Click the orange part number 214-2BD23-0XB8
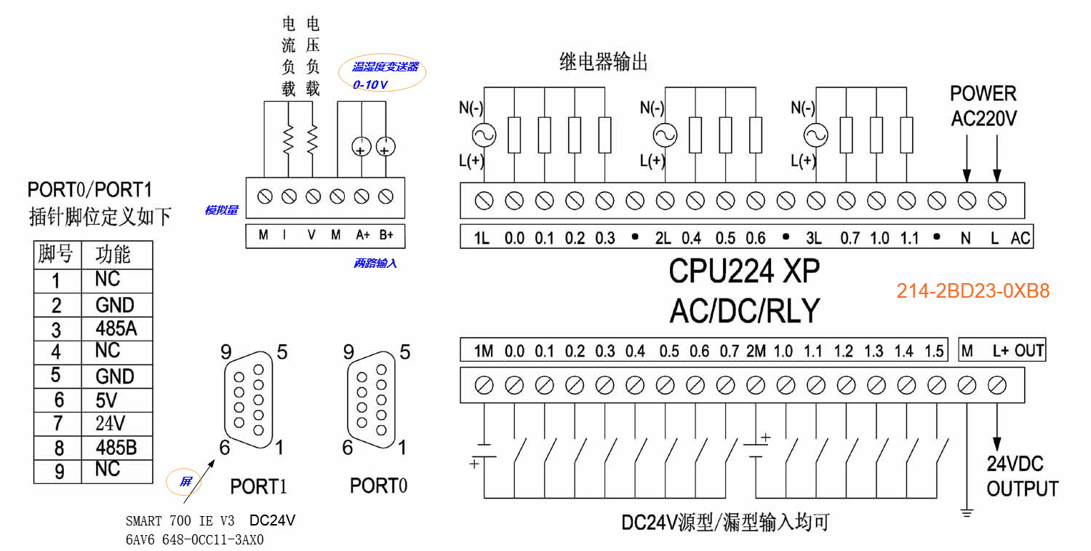pyautogui.click(x=973, y=292)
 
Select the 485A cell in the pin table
pyautogui.click(x=116, y=328)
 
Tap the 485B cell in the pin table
pyautogui.click(x=116, y=446)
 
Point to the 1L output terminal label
pyautogui.click(x=482, y=238)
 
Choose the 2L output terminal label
pyautogui.click(x=663, y=238)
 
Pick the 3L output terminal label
pyautogui.click(x=813, y=238)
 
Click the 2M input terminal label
pyautogui.click(x=756, y=352)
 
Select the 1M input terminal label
pyautogui.click(x=484, y=352)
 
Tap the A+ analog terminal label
pyautogui.click(x=363, y=235)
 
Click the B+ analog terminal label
pyautogui.click(x=386, y=235)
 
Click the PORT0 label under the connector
pyautogui.click(x=378, y=486)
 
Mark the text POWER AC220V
pyautogui.click(x=983, y=106)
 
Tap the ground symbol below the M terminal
pyautogui.click(x=967, y=512)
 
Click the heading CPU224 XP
pyautogui.click(x=744, y=271)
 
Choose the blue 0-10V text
pyautogui.click(x=370, y=85)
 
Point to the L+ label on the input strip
pyautogui.click(x=1001, y=351)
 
